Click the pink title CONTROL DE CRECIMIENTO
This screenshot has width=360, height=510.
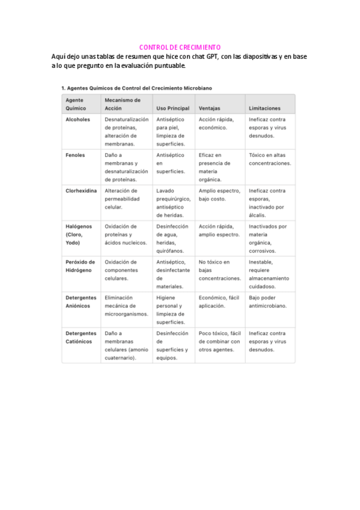(180, 47)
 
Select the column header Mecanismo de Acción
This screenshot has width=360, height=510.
(122, 104)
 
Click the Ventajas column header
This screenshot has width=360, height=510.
(209, 108)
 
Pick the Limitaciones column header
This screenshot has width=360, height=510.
(264, 108)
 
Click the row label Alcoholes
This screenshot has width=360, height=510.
(78, 120)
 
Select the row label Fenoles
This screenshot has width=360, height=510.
(75, 155)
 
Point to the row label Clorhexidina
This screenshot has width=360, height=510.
(81, 191)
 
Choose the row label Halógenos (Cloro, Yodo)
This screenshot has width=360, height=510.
(79, 235)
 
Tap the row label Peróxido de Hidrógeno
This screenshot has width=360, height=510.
(81, 266)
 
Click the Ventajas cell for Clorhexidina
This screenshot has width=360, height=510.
(219, 194)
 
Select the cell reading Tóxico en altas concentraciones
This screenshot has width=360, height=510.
(270, 159)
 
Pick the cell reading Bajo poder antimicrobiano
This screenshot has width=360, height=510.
(267, 301)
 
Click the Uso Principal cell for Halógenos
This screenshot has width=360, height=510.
(172, 239)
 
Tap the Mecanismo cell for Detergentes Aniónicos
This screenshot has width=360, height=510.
(126, 306)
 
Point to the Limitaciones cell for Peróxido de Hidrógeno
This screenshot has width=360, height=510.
(269, 274)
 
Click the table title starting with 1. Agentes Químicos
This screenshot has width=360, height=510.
(136, 88)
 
